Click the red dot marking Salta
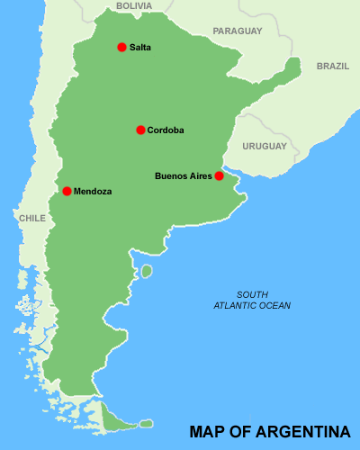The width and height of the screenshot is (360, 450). click(x=121, y=47)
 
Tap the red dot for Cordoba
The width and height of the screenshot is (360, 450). click(x=140, y=130)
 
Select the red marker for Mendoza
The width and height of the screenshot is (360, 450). click(x=67, y=191)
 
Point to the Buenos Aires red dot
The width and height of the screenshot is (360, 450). click(x=219, y=176)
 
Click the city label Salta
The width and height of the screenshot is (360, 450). click(x=140, y=47)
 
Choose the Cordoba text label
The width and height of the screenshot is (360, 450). click(x=166, y=130)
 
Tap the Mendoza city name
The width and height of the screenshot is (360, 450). click(x=93, y=191)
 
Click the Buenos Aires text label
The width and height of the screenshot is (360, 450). click(x=184, y=176)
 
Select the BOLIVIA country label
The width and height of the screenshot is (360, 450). click(x=134, y=5)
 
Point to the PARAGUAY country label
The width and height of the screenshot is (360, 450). click(x=237, y=31)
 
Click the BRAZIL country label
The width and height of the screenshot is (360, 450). click(x=333, y=66)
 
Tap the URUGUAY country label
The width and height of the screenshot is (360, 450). click(x=265, y=146)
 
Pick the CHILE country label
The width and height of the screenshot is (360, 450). click(x=31, y=218)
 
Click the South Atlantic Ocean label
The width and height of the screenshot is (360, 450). click(x=252, y=301)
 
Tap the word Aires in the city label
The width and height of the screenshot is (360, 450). click(x=200, y=176)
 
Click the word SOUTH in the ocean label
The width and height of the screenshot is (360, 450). click(x=252, y=295)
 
